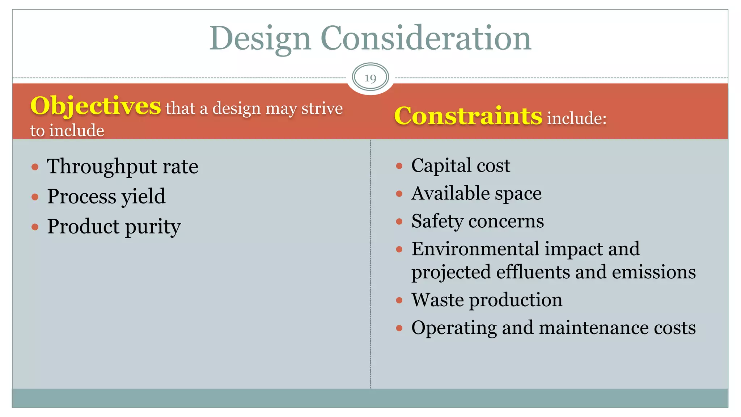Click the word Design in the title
coord(260,38)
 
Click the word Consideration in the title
coord(425,38)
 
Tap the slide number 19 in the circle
coord(370,78)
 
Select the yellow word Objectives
coord(96,106)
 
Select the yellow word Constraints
coord(468,116)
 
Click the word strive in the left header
coord(322,108)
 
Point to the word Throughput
coord(101,167)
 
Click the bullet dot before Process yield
coord(35,197)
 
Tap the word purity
coord(153,227)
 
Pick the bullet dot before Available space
coord(399,194)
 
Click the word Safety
coord(437,221)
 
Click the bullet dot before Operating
coord(399,328)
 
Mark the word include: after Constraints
coord(576,118)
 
